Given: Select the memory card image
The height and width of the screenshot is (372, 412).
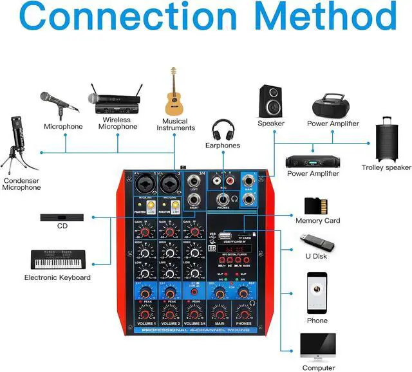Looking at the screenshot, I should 315,205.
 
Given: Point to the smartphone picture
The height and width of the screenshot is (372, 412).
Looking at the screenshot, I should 317,292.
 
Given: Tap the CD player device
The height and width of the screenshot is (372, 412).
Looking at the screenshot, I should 62,218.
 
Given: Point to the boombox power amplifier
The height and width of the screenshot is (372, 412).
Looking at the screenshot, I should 332,104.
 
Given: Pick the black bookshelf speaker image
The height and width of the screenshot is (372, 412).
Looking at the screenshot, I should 270,100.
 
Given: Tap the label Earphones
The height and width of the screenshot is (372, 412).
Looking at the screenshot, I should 223,145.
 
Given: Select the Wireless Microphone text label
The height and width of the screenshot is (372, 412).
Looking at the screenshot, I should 117,123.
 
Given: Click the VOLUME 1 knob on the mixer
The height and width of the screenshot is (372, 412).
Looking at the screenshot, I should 146,313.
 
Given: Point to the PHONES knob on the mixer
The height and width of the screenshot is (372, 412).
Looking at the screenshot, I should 243,313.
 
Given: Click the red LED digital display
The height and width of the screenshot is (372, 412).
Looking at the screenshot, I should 234,247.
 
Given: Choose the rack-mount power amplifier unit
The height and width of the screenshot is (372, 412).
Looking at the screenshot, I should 312,160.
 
